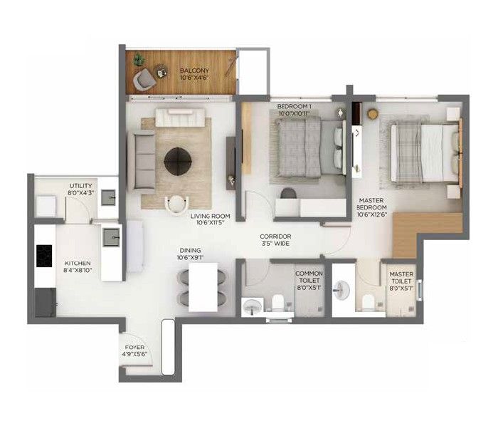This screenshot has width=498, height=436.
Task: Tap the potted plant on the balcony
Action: tap(139, 59)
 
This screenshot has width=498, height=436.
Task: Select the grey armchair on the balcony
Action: tap(144, 79)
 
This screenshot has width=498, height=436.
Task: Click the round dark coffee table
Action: tap(178, 161)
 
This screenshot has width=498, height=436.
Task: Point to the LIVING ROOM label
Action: tap(211, 216)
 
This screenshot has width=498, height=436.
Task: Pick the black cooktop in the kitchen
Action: tap(44, 256)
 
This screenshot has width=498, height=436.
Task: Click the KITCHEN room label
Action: tap(78, 264)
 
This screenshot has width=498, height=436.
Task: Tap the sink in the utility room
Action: tap(109, 197)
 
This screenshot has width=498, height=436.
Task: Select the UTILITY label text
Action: tap(81, 185)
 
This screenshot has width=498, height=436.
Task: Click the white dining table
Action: tap(203, 287)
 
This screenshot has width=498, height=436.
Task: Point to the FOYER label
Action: tap(134, 347)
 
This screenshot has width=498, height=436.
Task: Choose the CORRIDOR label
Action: tap(275, 237)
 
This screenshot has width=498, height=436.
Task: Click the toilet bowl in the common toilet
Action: tap(278, 302)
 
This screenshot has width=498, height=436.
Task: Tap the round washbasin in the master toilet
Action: tap(341, 290)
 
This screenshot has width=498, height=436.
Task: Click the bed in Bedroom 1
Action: tap(311, 147)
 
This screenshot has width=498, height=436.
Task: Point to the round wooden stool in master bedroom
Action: tap(373, 114)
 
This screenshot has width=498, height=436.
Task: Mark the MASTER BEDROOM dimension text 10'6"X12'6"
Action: tap(372, 214)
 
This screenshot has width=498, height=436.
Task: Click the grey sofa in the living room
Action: tap(142, 161)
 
